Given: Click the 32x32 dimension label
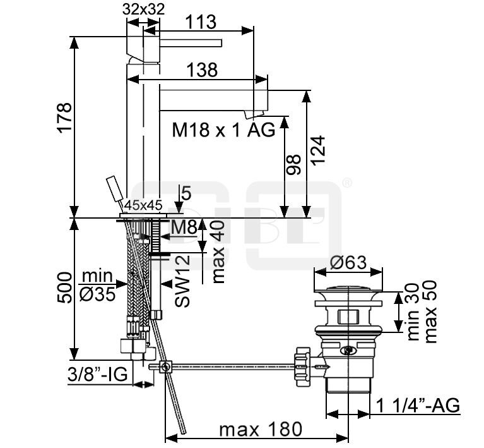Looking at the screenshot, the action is (143, 9).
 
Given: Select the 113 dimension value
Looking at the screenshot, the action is (201, 22).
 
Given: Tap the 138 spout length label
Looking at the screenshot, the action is (203, 70).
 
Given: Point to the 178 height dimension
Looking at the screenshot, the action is (64, 118).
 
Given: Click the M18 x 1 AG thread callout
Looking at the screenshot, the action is (223, 130).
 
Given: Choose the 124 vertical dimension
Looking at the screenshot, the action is (318, 150).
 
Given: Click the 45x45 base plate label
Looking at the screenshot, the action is (143, 205).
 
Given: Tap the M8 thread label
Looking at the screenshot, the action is (184, 227).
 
